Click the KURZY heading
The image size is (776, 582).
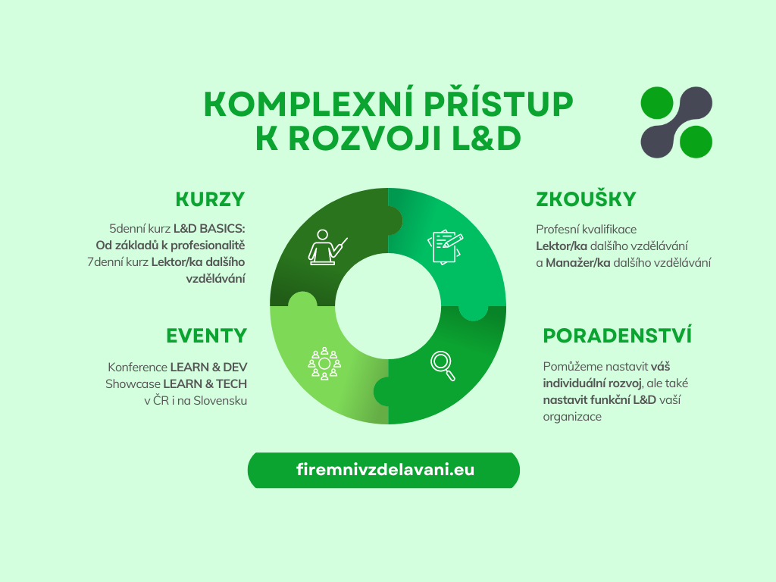(x=211, y=199)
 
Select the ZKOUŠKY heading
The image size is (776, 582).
(x=586, y=199)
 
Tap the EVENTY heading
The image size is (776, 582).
(x=207, y=336)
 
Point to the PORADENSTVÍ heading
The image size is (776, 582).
(x=617, y=335)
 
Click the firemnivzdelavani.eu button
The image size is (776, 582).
(x=383, y=470)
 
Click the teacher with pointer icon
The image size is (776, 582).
(x=327, y=248)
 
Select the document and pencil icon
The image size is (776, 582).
(x=445, y=246)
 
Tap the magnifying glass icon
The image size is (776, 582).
(x=443, y=366)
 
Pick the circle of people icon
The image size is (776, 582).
(x=324, y=364)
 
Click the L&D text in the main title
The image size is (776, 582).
(x=487, y=139)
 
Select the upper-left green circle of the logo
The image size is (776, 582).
(x=657, y=103)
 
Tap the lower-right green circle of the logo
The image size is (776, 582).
(x=696, y=142)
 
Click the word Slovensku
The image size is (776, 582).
(x=221, y=400)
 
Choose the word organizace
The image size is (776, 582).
(x=572, y=417)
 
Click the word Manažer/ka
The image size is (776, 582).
(x=578, y=263)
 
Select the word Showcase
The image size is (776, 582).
(x=133, y=384)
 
